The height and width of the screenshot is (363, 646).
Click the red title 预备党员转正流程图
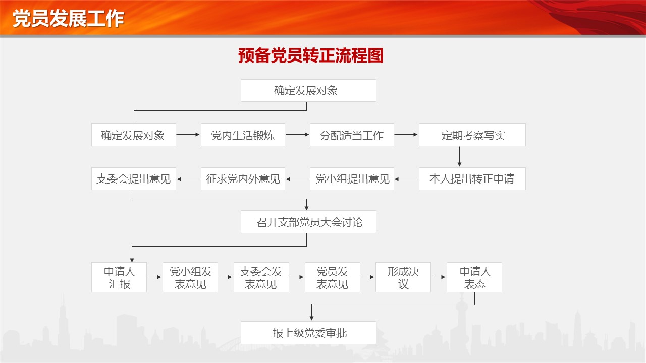310,55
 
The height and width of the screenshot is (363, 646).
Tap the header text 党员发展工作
68,19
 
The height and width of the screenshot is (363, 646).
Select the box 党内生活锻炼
243,135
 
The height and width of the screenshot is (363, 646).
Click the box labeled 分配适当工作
352,135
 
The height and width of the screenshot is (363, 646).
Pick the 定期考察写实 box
472,135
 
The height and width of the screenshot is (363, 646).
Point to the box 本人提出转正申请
472,178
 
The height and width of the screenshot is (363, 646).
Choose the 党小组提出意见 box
352,178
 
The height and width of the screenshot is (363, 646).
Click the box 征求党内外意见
243,178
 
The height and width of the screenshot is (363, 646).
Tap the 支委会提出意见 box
134,178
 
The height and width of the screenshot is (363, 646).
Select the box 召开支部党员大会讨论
308,222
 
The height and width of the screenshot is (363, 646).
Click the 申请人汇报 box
119,277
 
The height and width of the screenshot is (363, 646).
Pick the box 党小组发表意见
190,277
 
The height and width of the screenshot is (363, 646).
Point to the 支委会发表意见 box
261,277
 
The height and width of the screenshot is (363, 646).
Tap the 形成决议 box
403,277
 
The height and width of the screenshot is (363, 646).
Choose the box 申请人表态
474,277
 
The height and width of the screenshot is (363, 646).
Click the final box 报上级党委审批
308,333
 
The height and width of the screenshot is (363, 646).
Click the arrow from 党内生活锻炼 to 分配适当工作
297,134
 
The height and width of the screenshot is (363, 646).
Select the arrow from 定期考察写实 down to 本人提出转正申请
459,156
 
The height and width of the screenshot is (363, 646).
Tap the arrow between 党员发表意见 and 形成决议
368,277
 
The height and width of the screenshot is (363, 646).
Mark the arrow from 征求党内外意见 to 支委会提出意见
188,179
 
